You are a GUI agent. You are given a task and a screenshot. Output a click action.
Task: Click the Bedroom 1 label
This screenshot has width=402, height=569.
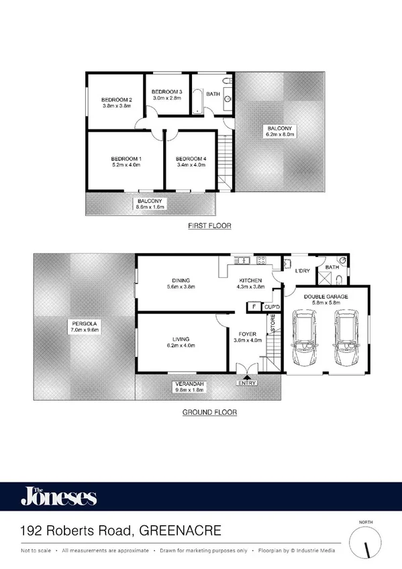[125, 159]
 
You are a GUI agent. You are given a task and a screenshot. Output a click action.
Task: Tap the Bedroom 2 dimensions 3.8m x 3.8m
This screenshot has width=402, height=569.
[117, 105]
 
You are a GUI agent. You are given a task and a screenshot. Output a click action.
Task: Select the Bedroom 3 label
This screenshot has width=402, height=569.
[166, 92]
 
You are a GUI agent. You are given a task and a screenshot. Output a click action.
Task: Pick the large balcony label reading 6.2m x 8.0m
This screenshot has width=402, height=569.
[281, 131]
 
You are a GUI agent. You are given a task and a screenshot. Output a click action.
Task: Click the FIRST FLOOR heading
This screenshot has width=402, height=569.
[209, 226]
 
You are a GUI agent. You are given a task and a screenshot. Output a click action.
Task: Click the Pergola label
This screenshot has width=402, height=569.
[83, 326]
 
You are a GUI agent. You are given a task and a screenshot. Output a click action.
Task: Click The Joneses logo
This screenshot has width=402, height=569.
[58, 497]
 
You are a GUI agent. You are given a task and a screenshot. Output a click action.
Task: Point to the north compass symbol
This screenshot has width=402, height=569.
[367, 541]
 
